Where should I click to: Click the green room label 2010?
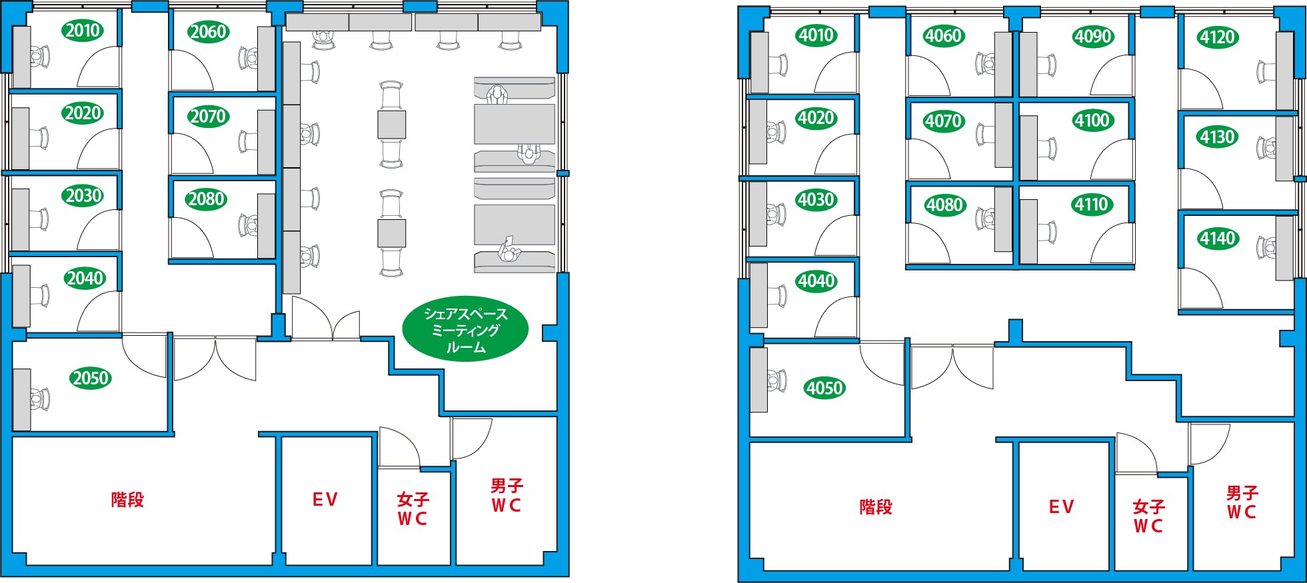[83, 31]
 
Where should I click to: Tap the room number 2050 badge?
[91, 378]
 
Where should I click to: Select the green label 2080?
[206, 199]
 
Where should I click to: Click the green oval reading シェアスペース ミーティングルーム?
[465, 330]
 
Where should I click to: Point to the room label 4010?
[816, 35]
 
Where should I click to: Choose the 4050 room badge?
[824, 388]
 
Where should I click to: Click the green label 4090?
[1093, 37]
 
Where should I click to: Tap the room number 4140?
[1218, 239]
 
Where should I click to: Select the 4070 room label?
[944, 121]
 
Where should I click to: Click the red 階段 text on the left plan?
[127, 500]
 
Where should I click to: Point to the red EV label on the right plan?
[1061, 508]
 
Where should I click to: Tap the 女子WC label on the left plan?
[413, 509]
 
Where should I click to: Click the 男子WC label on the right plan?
[1242, 502]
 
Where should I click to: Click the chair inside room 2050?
[39, 399]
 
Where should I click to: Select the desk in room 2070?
[266, 142]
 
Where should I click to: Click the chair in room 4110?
[1047, 232]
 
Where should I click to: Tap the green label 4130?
[1218, 137]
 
